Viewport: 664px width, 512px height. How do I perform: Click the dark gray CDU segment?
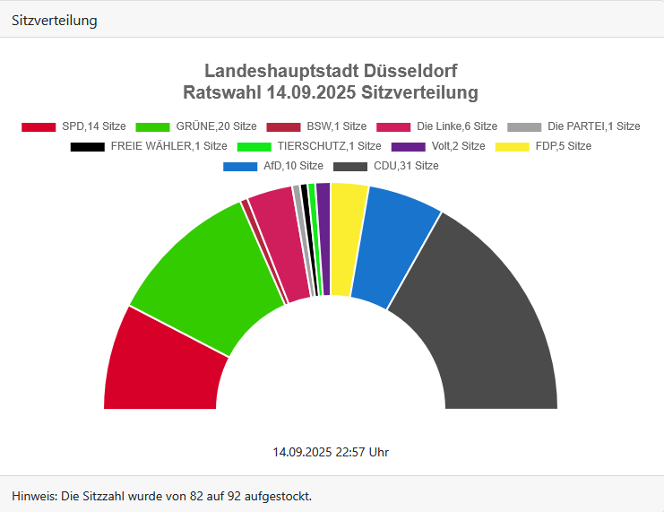484,314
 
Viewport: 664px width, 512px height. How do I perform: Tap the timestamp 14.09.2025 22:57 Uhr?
331,452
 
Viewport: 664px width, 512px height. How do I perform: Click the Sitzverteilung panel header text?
55,20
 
